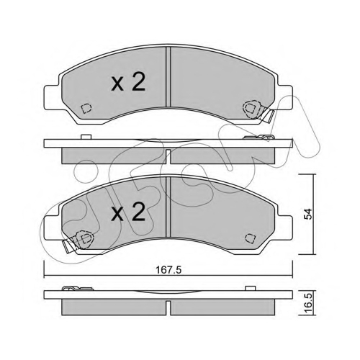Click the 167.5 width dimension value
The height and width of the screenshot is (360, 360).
point(168,270)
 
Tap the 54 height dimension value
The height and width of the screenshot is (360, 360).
point(308,214)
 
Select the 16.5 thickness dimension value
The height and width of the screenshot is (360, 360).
point(308,304)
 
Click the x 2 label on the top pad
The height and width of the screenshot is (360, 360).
point(128,82)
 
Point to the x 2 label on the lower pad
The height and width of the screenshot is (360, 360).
point(128,212)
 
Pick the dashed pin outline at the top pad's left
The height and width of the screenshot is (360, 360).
point(86,109)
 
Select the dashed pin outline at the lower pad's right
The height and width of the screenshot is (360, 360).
point(250,238)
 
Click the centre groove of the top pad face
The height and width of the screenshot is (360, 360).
point(168,77)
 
